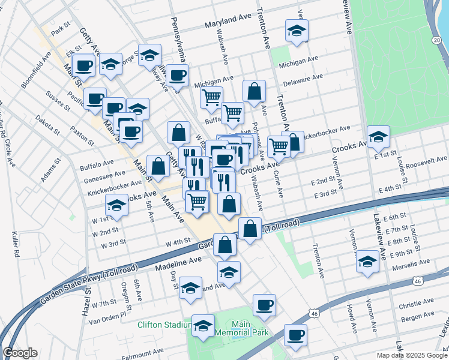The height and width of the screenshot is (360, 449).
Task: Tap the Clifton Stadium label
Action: [x=164, y=325]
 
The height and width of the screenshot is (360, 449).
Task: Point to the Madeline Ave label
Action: [x=178, y=263]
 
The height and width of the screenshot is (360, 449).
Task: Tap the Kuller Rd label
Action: [x=16, y=246]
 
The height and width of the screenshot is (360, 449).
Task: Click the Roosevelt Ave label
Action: [x=426, y=162]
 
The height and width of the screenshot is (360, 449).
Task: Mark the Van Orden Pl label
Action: [x=107, y=314]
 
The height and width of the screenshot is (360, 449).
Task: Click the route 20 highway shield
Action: [x=435, y=39]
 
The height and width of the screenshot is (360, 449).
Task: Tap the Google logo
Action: [x=20, y=353]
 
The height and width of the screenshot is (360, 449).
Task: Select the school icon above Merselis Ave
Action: [x=367, y=262]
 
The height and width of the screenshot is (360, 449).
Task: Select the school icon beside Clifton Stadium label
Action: [x=203, y=325]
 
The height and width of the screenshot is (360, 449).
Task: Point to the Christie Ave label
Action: [x=419, y=302]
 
